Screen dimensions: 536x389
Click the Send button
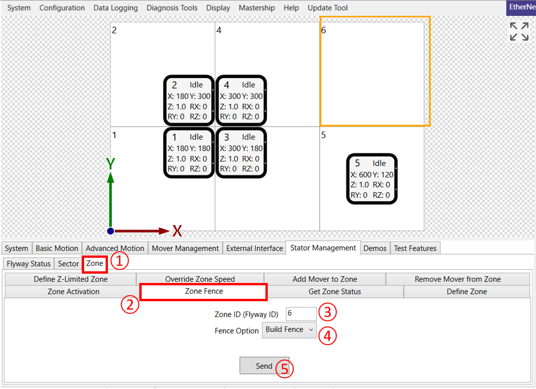[264, 366]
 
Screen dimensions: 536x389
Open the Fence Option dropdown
[289, 330]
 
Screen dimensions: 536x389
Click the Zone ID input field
[301, 313]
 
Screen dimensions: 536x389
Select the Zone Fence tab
[204, 291]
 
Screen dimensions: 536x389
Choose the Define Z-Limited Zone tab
[71, 279]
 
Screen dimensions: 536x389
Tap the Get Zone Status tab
[335, 292]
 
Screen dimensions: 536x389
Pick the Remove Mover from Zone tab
[457, 279]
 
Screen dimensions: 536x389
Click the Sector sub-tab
[68, 264]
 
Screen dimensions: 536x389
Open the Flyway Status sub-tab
[29, 264]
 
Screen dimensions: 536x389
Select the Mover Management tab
[185, 248]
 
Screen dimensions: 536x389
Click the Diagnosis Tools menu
[172, 8]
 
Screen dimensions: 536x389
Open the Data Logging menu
[115, 8]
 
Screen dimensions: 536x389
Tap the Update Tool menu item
[328, 8]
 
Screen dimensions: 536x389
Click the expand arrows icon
[519, 31]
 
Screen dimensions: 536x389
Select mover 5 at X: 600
[372, 179]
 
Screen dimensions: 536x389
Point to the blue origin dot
[110, 231]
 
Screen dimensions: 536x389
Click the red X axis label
[177, 231]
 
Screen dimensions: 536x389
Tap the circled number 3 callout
[328, 312]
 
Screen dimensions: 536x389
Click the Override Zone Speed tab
[200, 279]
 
